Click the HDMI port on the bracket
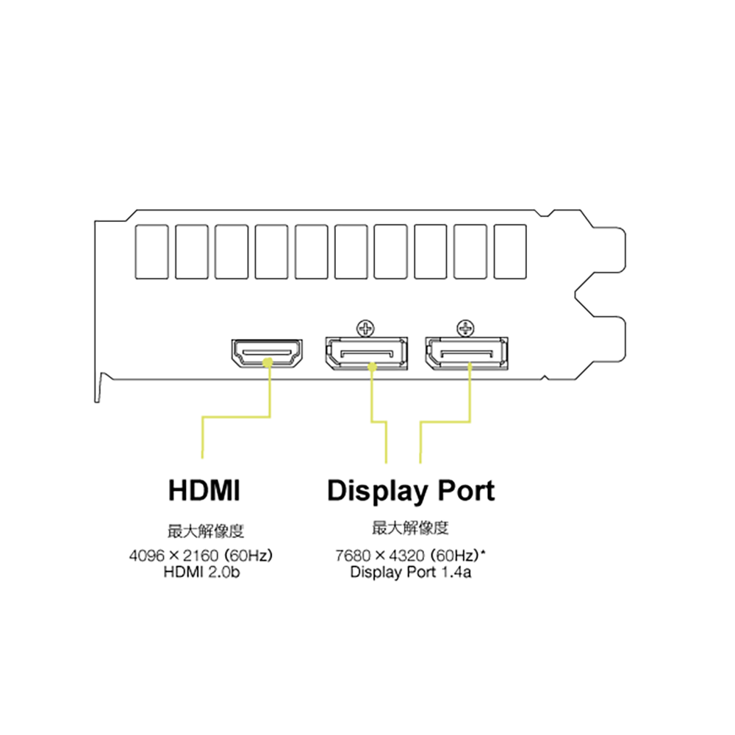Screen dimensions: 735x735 tap(267, 354)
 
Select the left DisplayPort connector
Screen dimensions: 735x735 tap(366, 354)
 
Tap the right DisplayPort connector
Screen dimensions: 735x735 tap(467, 354)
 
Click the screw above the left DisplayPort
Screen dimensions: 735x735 tap(365, 328)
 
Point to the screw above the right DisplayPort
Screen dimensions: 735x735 tap(465, 328)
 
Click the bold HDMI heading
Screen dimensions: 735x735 tap(204, 490)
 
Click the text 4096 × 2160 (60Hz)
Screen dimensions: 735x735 tap(201, 556)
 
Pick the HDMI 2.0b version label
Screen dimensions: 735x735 tap(201, 573)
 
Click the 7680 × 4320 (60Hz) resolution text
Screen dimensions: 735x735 tap(407, 556)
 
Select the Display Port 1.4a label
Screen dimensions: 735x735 tap(411, 573)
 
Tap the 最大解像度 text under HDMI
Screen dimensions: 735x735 tap(207, 531)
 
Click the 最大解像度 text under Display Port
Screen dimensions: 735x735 tap(411, 528)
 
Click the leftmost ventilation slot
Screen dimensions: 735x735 tap(152, 252)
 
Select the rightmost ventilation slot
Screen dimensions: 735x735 tap(511, 252)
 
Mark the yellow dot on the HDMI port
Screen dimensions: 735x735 tap(268, 362)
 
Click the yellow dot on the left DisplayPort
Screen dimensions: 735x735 tap(372, 367)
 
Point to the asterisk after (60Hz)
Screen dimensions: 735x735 tap(483, 552)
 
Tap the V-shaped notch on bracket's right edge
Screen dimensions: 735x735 tap(576, 295)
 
